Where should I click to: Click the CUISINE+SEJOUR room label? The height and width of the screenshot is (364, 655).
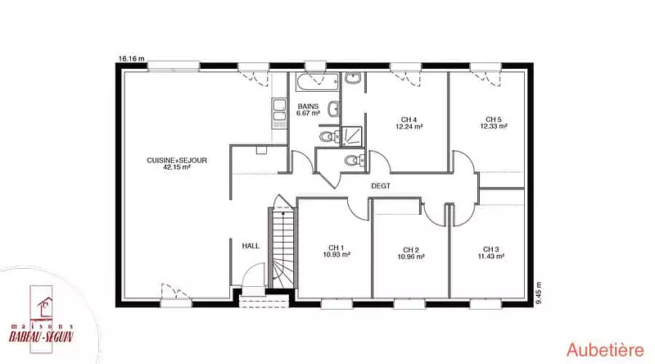[x=177, y=160]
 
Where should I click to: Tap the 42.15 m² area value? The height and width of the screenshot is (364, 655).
[x=177, y=167]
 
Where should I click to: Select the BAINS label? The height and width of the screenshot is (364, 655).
[x=308, y=107]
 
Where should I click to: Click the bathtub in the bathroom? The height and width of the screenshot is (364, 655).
[x=317, y=82]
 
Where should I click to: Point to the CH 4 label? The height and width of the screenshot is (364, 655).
[x=409, y=120]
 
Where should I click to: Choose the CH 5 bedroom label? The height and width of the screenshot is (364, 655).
[x=494, y=120]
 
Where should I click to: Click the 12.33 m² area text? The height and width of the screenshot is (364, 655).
[x=494, y=126]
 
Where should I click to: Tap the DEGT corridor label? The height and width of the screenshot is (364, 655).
[x=381, y=186]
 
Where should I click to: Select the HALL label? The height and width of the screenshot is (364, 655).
[x=251, y=246]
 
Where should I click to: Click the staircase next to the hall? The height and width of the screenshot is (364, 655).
[x=283, y=247]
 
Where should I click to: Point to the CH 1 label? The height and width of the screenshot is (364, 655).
[x=337, y=248]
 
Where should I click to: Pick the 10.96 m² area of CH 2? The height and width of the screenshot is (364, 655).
[x=411, y=257]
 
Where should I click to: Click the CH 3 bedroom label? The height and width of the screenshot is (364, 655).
[x=490, y=249]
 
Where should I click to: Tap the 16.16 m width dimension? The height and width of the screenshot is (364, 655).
[x=132, y=58]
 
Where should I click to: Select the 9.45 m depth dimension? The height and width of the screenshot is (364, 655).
[x=539, y=293]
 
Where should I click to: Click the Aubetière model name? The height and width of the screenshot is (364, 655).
[x=605, y=350]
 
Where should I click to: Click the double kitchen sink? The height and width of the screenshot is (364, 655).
[x=279, y=113]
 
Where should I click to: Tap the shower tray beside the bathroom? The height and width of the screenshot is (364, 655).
[x=352, y=136]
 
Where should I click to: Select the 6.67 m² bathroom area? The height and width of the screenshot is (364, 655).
[x=309, y=113]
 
